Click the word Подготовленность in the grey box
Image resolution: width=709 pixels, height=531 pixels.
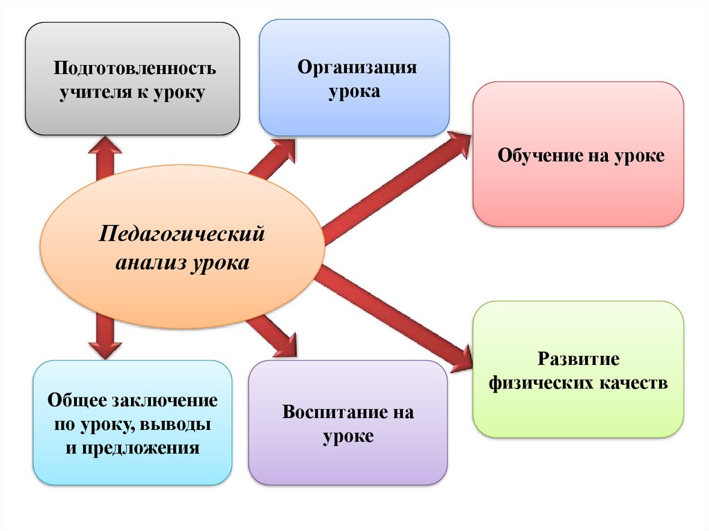136,69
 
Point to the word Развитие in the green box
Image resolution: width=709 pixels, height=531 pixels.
578,360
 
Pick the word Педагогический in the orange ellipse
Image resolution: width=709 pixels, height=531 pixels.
182,233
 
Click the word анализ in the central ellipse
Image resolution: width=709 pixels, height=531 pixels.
148,264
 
